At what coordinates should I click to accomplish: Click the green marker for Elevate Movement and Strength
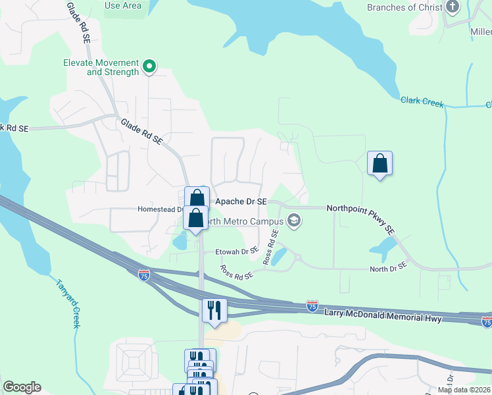point(149,66)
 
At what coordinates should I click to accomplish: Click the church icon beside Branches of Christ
point(452,7)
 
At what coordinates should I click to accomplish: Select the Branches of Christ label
point(401,7)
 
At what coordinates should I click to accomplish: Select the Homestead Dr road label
point(158,209)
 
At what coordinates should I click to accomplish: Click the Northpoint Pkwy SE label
point(360,218)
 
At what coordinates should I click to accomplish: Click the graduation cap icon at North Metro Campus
point(295,221)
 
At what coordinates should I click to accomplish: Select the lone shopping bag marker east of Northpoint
point(380,163)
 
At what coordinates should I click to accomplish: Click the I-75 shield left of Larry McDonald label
point(312,306)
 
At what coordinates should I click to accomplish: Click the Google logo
point(22,387)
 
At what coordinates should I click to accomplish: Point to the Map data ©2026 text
point(464,390)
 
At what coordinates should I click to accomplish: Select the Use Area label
point(123,5)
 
